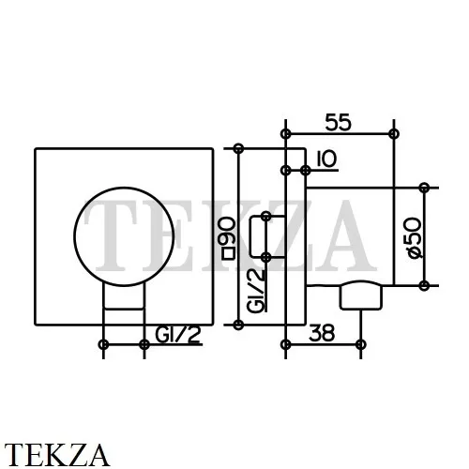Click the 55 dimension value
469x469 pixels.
click(x=339, y=122)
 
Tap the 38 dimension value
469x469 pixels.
click(x=322, y=333)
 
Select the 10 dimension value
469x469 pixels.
click(x=326, y=159)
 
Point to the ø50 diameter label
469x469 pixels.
click(x=415, y=238)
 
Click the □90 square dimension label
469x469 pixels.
click(x=228, y=238)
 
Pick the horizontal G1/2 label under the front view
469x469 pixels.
click(x=177, y=335)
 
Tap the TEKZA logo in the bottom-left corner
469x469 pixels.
click(x=57, y=454)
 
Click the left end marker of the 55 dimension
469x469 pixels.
click(x=285, y=134)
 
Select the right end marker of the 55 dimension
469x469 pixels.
click(x=394, y=134)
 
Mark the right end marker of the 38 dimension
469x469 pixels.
click(x=361, y=344)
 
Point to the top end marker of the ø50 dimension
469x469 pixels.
click(x=424, y=188)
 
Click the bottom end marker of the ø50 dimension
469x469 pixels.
click(x=424, y=285)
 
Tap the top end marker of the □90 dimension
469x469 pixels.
click(x=238, y=148)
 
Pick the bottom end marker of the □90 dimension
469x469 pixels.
click(x=238, y=325)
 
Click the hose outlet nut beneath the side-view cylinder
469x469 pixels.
click(x=361, y=295)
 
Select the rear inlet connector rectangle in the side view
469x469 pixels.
click(x=267, y=236)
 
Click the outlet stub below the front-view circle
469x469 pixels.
click(x=124, y=297)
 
